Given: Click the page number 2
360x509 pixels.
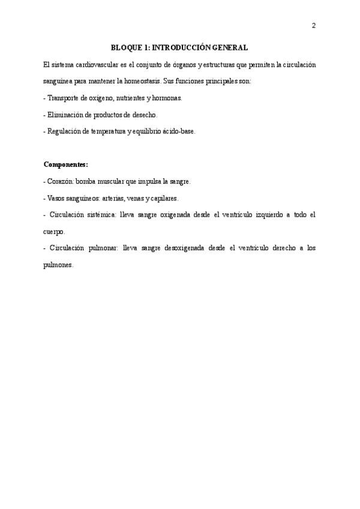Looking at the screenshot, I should [313, 25].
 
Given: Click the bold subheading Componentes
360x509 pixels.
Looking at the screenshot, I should [65, 164].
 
